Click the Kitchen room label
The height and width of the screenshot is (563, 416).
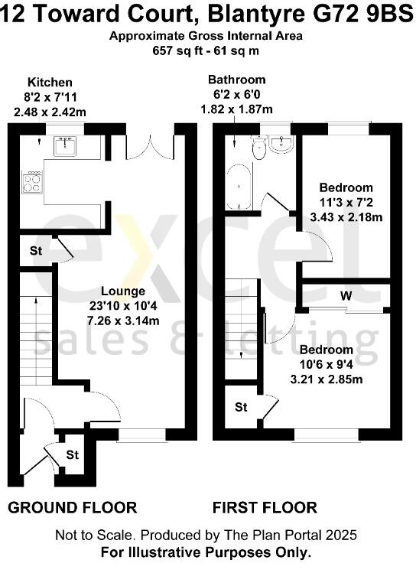(x=50, y=83)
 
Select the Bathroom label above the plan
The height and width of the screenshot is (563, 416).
(x=236, y=80)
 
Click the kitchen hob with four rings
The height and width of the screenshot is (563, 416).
(x=33, y=181)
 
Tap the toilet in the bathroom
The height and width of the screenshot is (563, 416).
(x=258, y=148)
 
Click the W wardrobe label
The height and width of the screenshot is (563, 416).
(x=346, y=295)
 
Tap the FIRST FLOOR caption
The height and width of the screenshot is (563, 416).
(x=265, y=507)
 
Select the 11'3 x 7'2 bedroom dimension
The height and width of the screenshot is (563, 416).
(x=346, y=203)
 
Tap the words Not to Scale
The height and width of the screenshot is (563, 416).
(x=89, y=535)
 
